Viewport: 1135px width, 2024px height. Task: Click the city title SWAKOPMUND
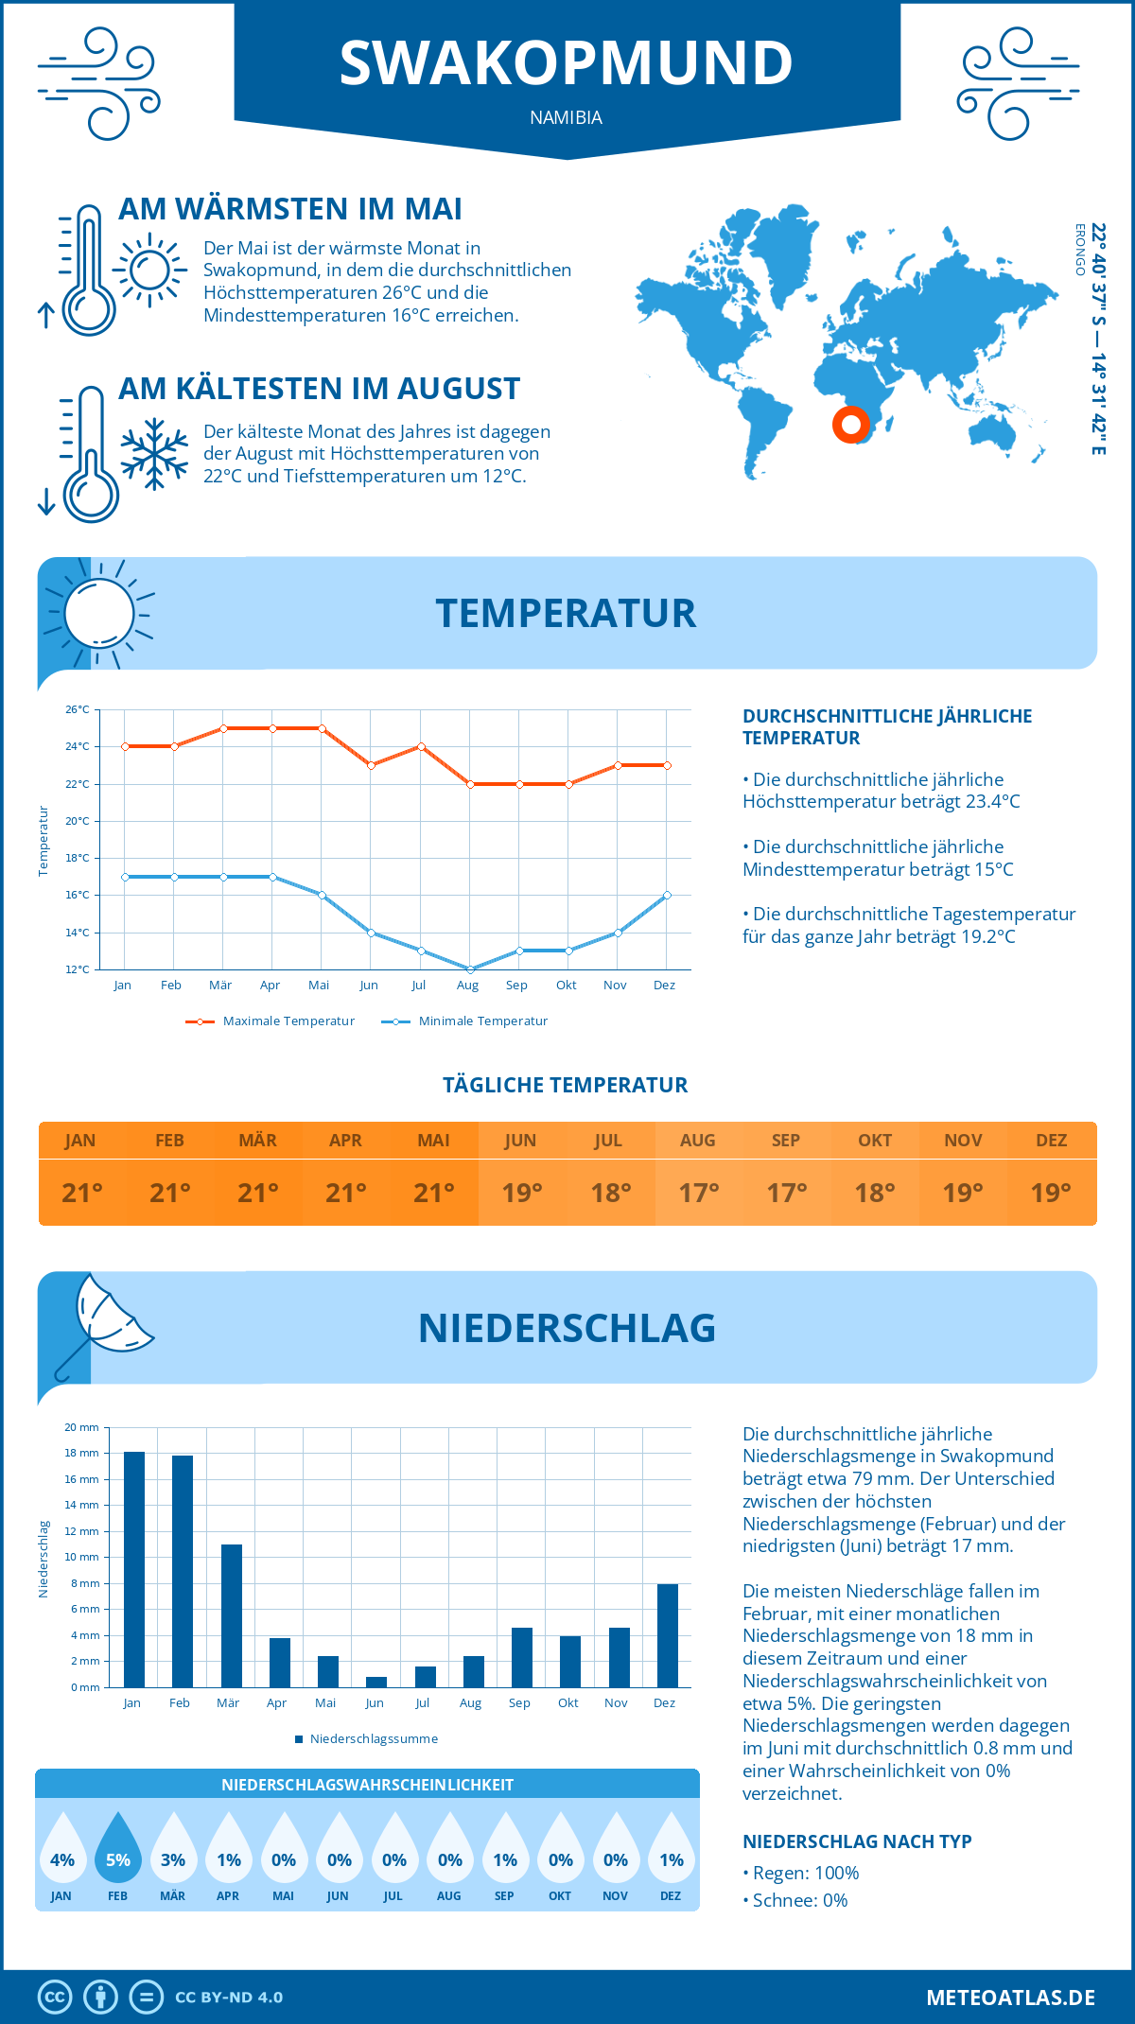[566, 63]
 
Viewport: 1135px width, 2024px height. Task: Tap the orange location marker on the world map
[851, 425]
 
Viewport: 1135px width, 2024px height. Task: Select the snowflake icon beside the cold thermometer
[154, 454]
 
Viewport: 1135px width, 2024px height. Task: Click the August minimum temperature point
[470, 969]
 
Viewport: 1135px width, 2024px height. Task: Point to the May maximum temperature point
[323, 728]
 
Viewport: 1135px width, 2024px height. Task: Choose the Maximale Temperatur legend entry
[271, 1021]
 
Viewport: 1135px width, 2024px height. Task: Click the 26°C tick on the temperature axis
[78, 709]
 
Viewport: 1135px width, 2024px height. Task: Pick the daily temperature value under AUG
[698, 1193]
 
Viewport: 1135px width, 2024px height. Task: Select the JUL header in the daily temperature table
[608, 1141]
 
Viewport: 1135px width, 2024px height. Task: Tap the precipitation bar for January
[134, 1570]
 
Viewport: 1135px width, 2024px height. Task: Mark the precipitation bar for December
[668, 1636]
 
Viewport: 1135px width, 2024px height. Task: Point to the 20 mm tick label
[81, 1427]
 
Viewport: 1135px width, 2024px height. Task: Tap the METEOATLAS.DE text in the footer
[1010, 1998]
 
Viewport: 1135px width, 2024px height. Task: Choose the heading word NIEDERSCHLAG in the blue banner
[567, 1328]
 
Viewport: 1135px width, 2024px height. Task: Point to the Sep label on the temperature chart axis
[516, 986]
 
